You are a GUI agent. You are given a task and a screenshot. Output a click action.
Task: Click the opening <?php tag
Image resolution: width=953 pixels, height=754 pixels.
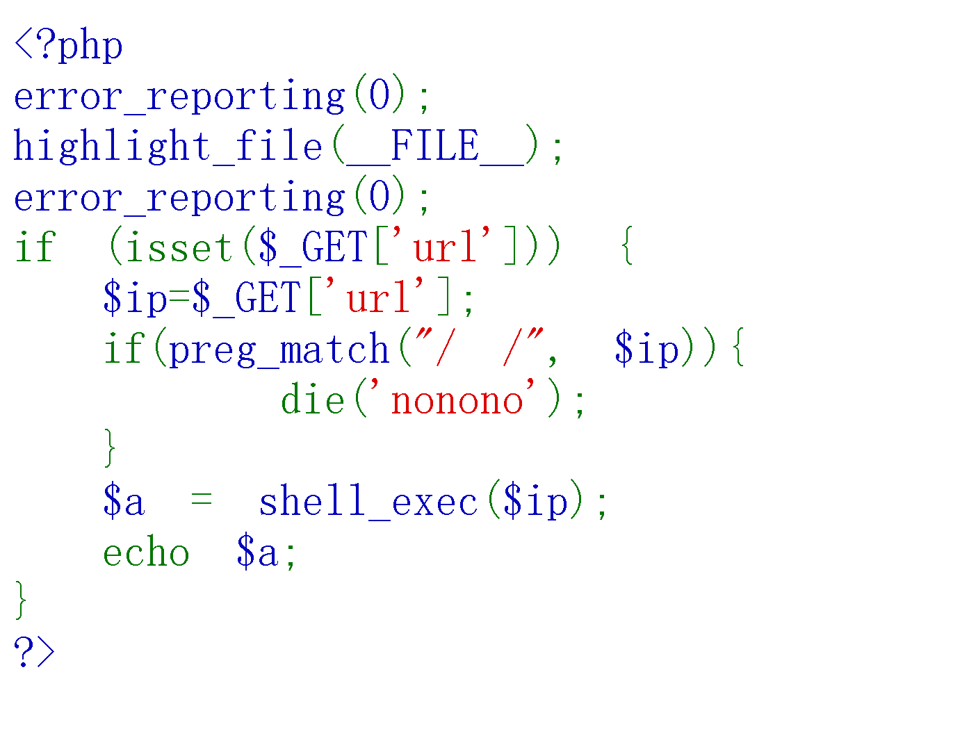[68, 47]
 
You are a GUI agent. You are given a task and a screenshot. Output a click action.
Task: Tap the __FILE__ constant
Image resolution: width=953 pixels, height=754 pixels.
[434, 147]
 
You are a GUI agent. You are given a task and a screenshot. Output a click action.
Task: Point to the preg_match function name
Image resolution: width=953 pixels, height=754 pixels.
[279, 350]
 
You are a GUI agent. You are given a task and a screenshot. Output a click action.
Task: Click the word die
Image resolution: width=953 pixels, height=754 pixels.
[313, 400]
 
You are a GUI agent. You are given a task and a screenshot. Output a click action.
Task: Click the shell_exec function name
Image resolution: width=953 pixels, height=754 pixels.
[368, 502]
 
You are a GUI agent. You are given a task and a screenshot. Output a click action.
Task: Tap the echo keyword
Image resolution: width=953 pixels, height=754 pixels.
[146, 553]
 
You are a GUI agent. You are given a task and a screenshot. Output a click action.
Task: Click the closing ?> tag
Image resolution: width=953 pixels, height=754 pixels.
[34, 653]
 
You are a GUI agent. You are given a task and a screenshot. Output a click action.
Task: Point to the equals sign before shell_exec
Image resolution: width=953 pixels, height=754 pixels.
[202, 500]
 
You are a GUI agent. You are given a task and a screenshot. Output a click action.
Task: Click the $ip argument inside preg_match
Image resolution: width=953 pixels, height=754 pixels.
[646, 350]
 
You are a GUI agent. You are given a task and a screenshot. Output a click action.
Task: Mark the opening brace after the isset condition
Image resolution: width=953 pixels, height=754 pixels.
[627, 248]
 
